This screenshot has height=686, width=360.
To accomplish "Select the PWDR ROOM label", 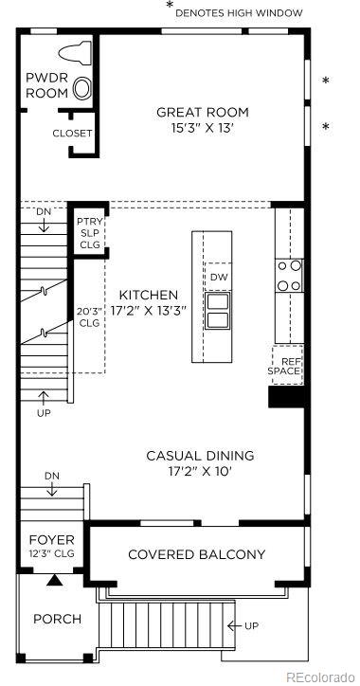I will pyautogui.click(x=46, y=86).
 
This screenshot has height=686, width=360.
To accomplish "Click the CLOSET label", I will pyautogui.click(x=73, y=134).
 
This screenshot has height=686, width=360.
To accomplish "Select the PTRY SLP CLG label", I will pyautogui.click(x=90, y=234).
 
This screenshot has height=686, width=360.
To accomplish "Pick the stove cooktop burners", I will pyautogui.click(x=288, y=275).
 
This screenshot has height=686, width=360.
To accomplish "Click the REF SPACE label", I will pyautogui.click(x=287, y=365).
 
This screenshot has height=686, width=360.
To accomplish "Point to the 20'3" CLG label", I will pyautogui.click(x=87, y=316).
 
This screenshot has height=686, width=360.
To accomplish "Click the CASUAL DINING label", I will pyautogui.click(x=200, y=456).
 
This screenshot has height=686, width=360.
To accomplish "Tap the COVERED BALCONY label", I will pyautogui.click(x=196, y=554).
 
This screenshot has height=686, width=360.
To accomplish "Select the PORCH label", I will pyautogui.click(x=58, y=619).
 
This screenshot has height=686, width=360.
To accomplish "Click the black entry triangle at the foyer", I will pyautogui.click(x=54, y=579).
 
